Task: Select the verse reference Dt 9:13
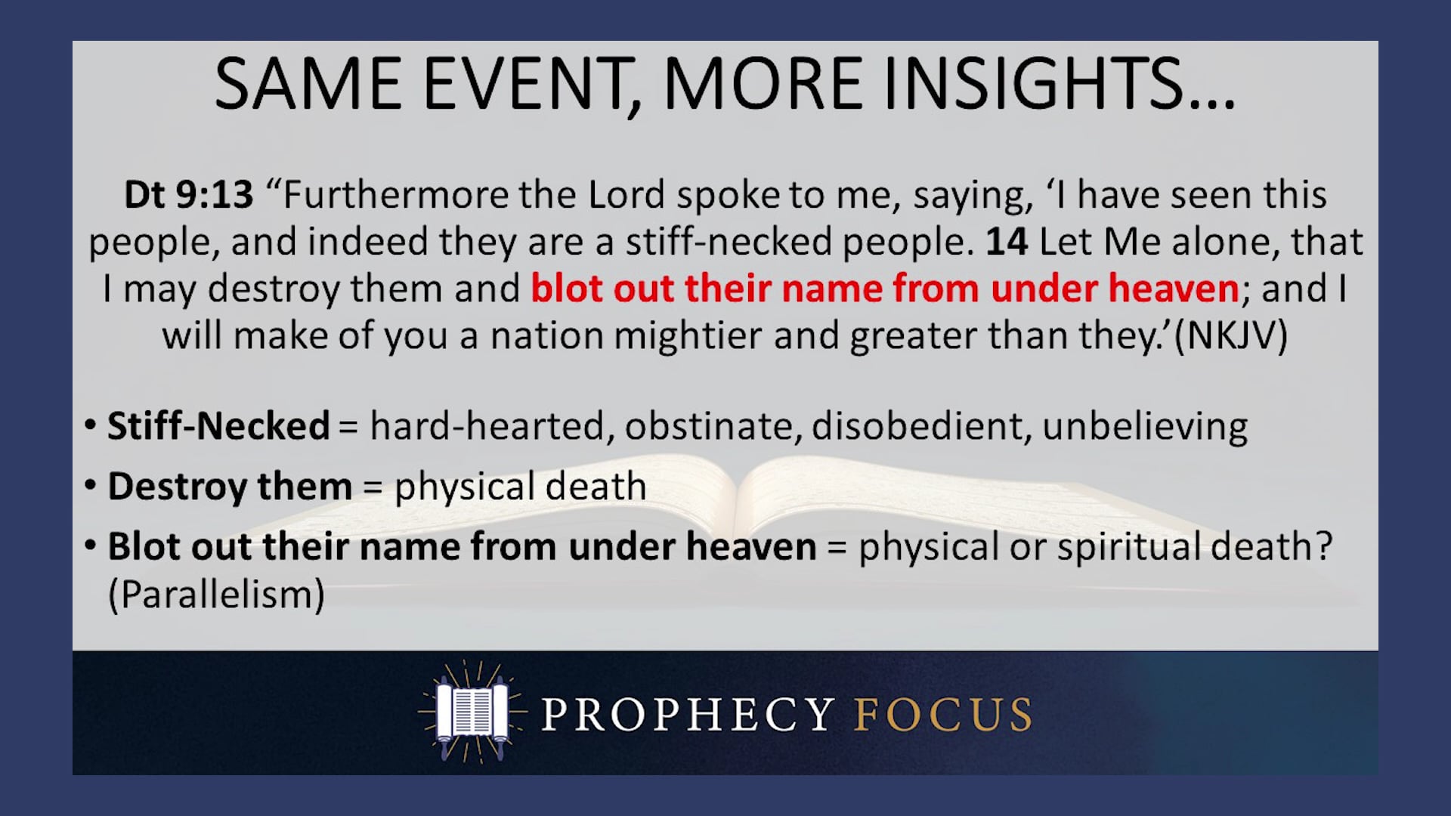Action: [189, 195]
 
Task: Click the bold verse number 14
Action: [1006, 242]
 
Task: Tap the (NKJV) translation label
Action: [1231, 335]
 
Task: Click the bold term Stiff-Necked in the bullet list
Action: [218, 426]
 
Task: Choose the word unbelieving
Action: [1145, 426]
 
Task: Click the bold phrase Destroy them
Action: [230, 487]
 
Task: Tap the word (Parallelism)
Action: [216, 595]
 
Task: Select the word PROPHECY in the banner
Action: [687, 714]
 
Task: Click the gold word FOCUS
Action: [943, 714]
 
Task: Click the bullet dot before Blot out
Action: [91, 546]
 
